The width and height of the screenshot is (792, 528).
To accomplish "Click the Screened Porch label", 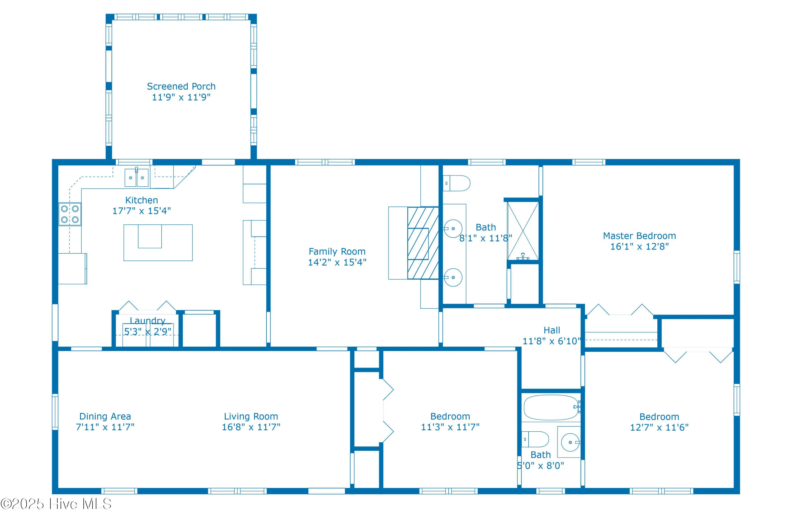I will coord(181,87).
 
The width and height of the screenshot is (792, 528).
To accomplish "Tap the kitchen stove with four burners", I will coord(70,214).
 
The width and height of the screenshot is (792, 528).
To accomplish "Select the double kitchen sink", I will coord(136,177).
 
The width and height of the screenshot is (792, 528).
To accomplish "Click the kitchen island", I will coord(158,242).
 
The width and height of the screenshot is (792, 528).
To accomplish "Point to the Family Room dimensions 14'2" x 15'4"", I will coord(337,262).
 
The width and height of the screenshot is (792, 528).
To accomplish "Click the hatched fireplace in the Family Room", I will coord(423,243).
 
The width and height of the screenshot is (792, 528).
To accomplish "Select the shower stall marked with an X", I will coord(523,231).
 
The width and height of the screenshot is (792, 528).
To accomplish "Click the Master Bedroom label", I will coord(639,236).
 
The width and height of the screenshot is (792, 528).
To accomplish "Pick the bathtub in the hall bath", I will coord(551,407).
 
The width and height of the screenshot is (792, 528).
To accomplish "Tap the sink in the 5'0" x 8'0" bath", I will coord(570,442).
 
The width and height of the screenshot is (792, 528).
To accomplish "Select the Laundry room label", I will coord(148,320).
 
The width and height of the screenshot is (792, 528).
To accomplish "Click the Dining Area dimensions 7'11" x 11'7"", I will coord(105,427).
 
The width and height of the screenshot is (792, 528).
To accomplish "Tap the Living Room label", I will coord(251,417).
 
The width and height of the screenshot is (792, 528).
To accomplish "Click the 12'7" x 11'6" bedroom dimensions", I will coord(659,427).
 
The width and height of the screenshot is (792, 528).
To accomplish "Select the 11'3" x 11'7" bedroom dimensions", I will coord(450,427).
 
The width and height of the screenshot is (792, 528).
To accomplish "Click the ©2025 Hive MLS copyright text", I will coord(56,504).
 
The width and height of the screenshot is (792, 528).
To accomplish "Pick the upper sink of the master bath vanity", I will coord(453,229).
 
